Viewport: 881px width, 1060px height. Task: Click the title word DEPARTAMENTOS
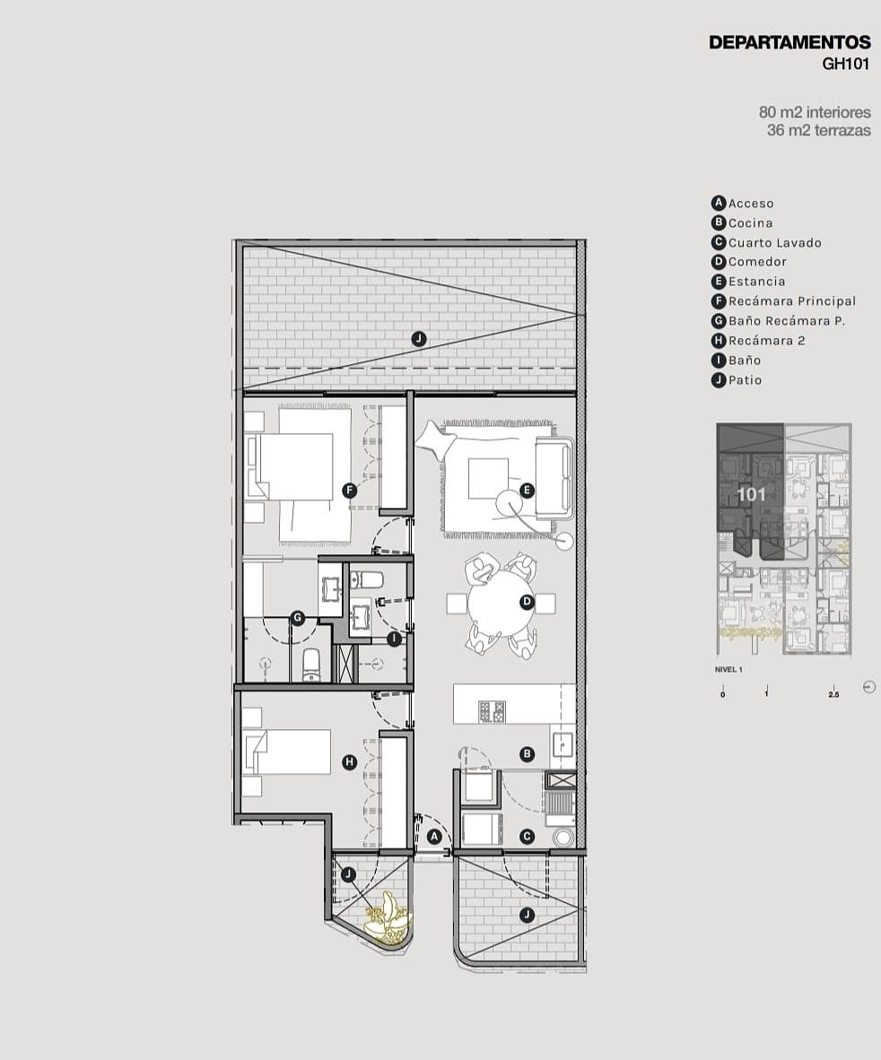(789, 42)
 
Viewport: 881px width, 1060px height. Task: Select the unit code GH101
(845, 65)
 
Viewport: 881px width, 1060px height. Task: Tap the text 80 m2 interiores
(815, 111)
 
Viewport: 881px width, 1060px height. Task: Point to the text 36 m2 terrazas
(819, 130)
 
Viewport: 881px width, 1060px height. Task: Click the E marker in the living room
(528, 491)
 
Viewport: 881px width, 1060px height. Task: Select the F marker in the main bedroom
(349, 491)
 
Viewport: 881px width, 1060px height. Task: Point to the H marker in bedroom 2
(349, 762)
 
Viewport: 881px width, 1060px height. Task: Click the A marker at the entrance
(435, 837)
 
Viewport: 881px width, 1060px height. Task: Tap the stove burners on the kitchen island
(493, 712)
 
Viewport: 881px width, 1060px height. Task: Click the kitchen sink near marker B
(563, 744)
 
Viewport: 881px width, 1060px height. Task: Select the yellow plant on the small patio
(388, 918)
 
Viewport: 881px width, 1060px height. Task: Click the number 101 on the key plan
(751, 495)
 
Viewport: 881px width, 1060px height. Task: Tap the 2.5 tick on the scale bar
(833, 694)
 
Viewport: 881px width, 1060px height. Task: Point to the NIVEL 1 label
(728, 670)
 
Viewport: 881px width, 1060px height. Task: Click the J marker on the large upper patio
(419, 338)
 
